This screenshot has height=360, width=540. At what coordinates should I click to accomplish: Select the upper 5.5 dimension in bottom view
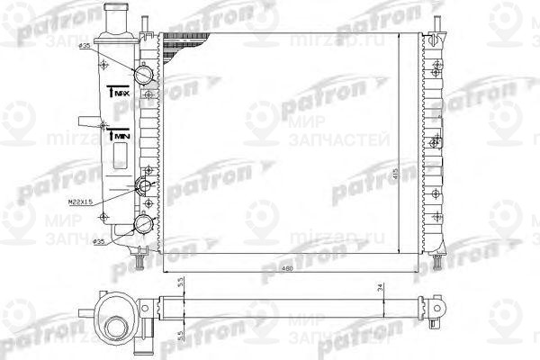(180, 283)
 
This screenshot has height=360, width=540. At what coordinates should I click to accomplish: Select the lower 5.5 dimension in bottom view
(180, 335)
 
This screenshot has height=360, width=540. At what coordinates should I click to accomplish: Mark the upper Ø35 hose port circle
(144, 73)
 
